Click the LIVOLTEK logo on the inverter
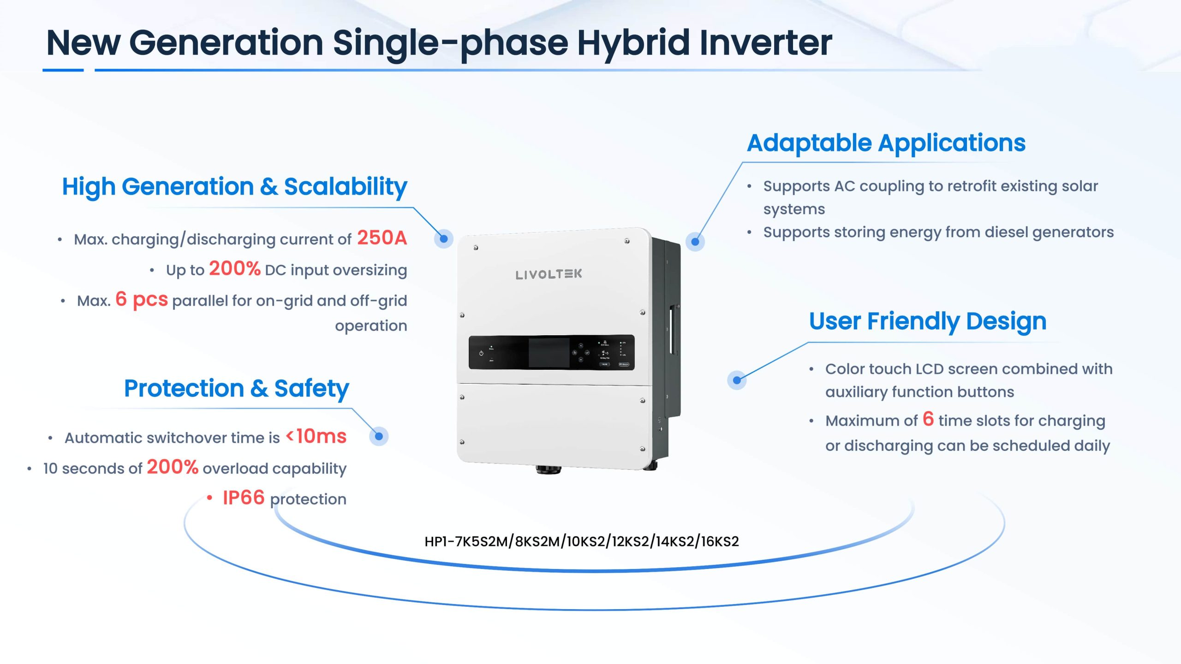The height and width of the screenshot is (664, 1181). pyautogui.click(x=549, y=274)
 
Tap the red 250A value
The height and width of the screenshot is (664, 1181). pyautogui.click(x=382, y=238)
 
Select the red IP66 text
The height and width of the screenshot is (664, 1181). pyautogui.click(x=244, y=498)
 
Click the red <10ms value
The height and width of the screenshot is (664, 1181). pyautogui.click(x=316, y=436)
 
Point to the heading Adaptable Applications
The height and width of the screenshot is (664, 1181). pyautogui.click(x=886, y=143)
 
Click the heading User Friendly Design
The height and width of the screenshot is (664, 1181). pyautogui.click(x=928, y=321)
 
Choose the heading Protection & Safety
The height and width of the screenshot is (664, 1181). pyautogui.click(x=237, y=389)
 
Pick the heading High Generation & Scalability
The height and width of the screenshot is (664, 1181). pyautogui.click(x=235, y=187)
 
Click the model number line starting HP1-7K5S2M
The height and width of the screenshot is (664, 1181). pyautogui.click(x=582, y=541)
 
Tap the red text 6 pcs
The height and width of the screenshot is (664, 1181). pyautogui.click(x=142, y=300)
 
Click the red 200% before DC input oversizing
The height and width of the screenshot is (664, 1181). pyautogui.click(x=235, y=268)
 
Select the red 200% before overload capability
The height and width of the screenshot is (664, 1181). pyautogui.click(x=173, y=467)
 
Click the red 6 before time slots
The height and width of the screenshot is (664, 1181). pyautogui.click(x=928, y=419)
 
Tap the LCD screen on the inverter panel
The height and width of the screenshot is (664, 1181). pyautogui.click(x=549, y=352)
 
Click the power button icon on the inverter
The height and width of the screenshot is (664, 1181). pyautogui.click(x=481, y=353)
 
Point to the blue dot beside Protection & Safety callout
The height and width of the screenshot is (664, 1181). pyautogui.click(x=379, y=436)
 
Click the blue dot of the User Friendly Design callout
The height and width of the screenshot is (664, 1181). pyautogui.click(x=737, y=380)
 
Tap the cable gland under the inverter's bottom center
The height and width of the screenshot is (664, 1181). pyautogui.click(x=549, y=470)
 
